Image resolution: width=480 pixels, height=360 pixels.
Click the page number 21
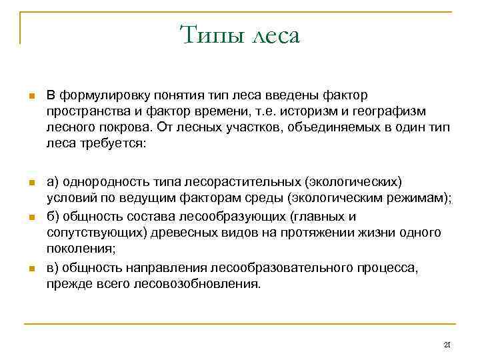click(x=447, y=345)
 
